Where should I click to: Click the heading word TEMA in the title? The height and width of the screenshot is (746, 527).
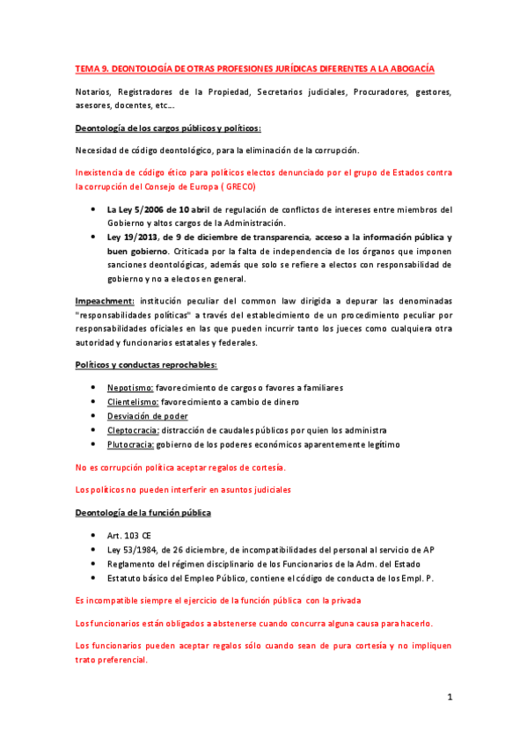[88, 69]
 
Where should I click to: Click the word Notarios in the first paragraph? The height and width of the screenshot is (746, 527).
[94, 92]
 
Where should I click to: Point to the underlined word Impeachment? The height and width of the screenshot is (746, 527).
[104, 301]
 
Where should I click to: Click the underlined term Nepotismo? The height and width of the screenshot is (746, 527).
[130, 388]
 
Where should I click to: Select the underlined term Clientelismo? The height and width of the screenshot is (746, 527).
[133, 402]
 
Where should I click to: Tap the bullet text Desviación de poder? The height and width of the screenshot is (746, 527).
[147, 416]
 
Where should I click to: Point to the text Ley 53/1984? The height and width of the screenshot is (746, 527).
[135, 550]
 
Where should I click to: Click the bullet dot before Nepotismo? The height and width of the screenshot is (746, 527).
[95, 388]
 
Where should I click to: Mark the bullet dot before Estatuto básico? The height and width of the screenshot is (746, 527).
[95, 578]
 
